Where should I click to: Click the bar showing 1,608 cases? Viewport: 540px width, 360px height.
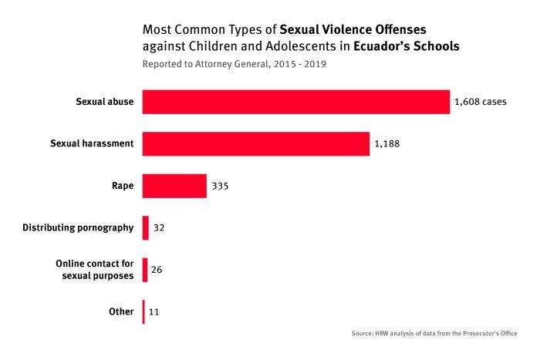[295, 102]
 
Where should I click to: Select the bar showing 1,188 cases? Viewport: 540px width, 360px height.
[255, 143]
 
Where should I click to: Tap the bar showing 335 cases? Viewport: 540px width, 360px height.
[174, 186]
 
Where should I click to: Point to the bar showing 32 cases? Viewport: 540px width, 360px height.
[145, 227]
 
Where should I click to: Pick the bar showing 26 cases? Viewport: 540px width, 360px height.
[145, 270]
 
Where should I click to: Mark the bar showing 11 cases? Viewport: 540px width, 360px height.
[143, 312]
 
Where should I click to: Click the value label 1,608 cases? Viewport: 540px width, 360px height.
[481, 102]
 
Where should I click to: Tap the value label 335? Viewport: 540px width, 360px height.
[221, 186]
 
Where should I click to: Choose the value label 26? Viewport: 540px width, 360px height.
[157, 270]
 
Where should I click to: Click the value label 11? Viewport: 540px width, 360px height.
[154, 312]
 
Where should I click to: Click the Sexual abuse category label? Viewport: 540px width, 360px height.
[105, 102]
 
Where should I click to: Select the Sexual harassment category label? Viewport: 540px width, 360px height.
[93, 143]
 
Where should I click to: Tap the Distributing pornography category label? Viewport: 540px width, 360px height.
[78, 227]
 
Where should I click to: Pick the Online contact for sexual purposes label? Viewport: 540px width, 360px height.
[95, 270]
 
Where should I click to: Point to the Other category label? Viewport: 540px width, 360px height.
[122, 312]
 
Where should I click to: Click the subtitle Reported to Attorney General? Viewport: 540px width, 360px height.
[234, 64]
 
